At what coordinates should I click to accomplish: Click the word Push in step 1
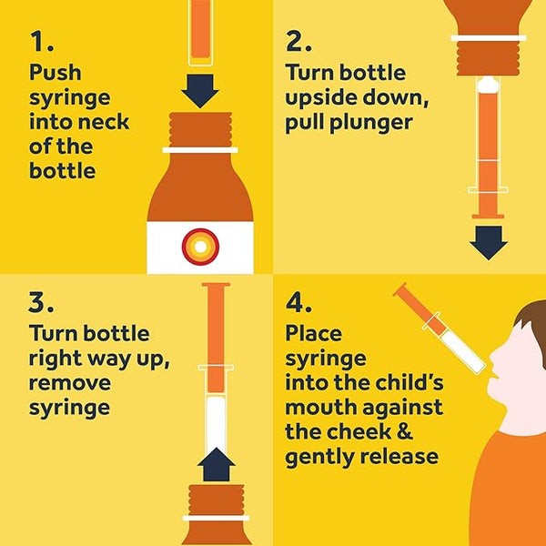tap(55, 73)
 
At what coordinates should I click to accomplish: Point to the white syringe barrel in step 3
tap(217, 419)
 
